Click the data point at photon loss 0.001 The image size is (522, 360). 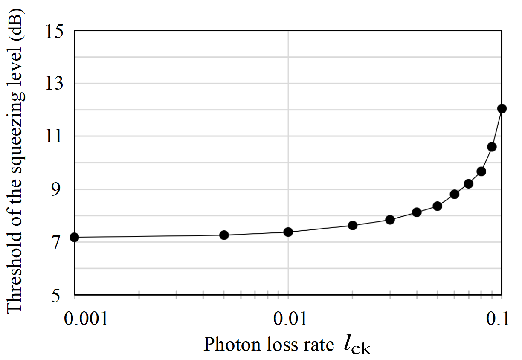(74, 237)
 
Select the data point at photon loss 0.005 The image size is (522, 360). (224, 235)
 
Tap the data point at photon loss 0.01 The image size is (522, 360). (288, 232)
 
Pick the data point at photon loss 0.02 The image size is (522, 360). (353, 225)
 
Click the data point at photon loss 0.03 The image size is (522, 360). (390, 220)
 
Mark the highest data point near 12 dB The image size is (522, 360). (502, 108)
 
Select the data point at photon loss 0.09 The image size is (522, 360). (492, 147)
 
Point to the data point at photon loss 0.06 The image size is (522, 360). (455, 194)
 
